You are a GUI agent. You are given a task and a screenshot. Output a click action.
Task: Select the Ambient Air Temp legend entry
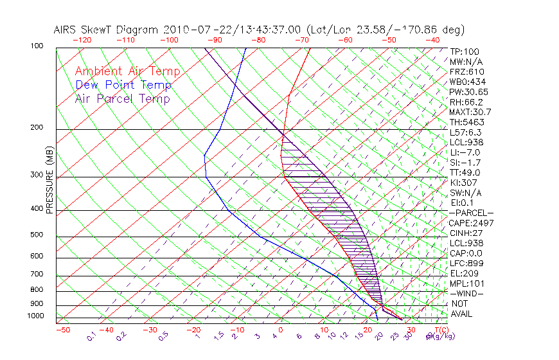point(127,71)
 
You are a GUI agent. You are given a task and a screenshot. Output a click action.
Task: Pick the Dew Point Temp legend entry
point(123,85)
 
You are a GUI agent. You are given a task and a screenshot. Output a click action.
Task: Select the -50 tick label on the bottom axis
point(63,330)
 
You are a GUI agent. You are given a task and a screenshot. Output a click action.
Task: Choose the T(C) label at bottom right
point(436,330)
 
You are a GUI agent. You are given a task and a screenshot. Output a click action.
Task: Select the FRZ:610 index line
point(467,71)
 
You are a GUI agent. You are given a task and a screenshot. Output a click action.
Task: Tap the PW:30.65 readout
point(470,91)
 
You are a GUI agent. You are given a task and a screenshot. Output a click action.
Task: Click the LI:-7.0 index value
point(466,152)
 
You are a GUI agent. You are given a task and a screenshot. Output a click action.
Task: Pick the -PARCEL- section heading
point(471,212)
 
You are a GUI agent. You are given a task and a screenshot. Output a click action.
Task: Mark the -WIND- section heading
point(466,293)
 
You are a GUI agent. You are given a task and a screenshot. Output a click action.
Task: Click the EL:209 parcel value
point(463,273)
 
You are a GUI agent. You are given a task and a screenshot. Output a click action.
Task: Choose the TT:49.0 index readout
point(465,172)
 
